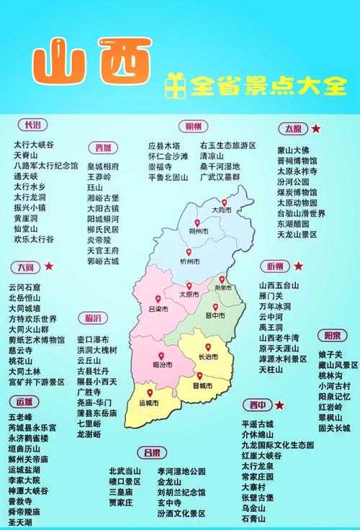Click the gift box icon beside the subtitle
pyautogui.click(x=173, y=86)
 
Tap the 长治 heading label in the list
pyautogui.click(x=32, y=125)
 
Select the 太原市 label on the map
pyautogui.click(x=189, y=294)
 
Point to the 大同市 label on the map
pyautogui.click(x=220, y=210)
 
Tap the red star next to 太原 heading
pyautogui.click(x=316, y=129)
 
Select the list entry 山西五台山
pyautogui.click(x=279, y=285)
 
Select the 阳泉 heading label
pyautogui.click(x=332, y=336)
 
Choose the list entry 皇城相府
pyautogui.click(x=102, y=165)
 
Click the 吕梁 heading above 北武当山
pyautogui.click(x=151, y=452)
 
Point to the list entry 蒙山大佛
pyautogui.click(x=293, y=151)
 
